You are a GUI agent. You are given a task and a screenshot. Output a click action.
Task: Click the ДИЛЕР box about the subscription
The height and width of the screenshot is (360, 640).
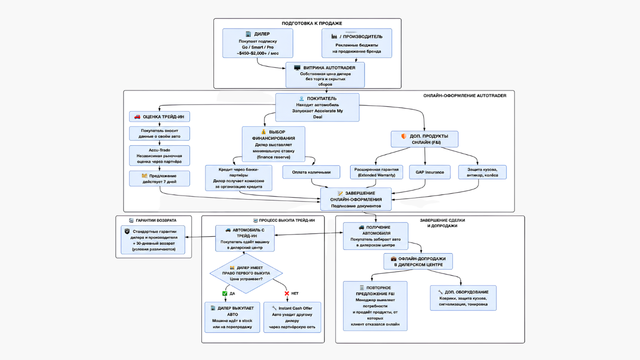pos(258,43)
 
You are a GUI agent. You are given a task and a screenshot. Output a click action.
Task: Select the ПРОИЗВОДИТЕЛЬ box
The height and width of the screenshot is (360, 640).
pos(357,43)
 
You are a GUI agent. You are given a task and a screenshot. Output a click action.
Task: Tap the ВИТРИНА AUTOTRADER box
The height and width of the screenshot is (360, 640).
pos(325,75)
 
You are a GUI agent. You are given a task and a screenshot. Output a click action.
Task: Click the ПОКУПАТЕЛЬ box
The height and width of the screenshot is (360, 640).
pos(317,108)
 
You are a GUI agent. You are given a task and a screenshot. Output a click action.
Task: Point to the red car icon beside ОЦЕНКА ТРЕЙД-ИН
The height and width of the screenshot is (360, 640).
pos(137,117)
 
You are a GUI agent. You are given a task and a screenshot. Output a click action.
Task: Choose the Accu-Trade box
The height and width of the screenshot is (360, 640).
pos(159,156)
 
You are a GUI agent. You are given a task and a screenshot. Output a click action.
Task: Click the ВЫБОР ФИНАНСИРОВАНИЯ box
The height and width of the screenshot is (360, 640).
pos(274,144)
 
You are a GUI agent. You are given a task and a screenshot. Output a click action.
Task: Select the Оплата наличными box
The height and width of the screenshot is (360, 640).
pos(311,172)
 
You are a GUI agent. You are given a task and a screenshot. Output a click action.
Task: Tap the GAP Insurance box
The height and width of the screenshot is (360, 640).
pos(430,172)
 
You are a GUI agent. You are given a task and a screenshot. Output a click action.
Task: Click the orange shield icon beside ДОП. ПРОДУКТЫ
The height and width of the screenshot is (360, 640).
pos(404,136)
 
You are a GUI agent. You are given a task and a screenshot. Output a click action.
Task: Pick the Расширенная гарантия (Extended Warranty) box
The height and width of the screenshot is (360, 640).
pos(377,172)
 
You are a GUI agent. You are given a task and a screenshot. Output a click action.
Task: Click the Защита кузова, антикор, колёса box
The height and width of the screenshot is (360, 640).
pos(482,172)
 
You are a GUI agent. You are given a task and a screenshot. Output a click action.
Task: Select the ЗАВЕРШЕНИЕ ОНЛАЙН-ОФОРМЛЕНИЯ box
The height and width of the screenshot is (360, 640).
pos(356,199)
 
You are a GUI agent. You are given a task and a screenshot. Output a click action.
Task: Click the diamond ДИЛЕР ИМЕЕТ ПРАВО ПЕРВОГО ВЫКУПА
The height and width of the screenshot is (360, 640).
pos(246,273)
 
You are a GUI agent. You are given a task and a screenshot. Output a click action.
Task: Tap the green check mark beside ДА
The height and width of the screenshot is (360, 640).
pos(225,294)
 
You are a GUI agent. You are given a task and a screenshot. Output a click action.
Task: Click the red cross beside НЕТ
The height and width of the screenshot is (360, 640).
pos(287,294)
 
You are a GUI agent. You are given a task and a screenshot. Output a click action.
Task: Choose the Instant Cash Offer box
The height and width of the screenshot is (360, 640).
pos(292,317)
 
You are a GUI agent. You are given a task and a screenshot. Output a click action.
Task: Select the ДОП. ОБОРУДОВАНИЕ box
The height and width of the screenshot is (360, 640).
pos(463,298)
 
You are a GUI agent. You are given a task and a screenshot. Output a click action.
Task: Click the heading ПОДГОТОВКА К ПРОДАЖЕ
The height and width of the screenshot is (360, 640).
pos(312,23)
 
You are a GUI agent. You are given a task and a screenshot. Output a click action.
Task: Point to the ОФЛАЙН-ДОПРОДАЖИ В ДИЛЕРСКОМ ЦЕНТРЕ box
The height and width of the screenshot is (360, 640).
pos(418,261)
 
